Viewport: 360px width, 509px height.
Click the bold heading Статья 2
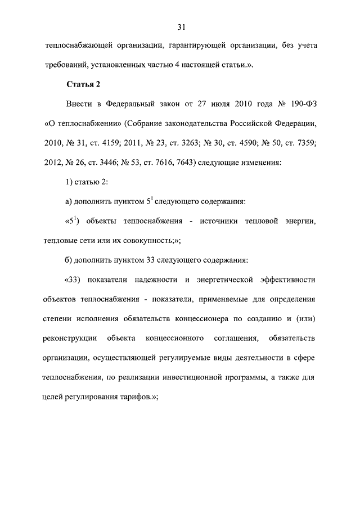(x=83, y=85)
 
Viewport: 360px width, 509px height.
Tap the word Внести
(x=80, y=104)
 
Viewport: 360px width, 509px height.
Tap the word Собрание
(x=150, y=124)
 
